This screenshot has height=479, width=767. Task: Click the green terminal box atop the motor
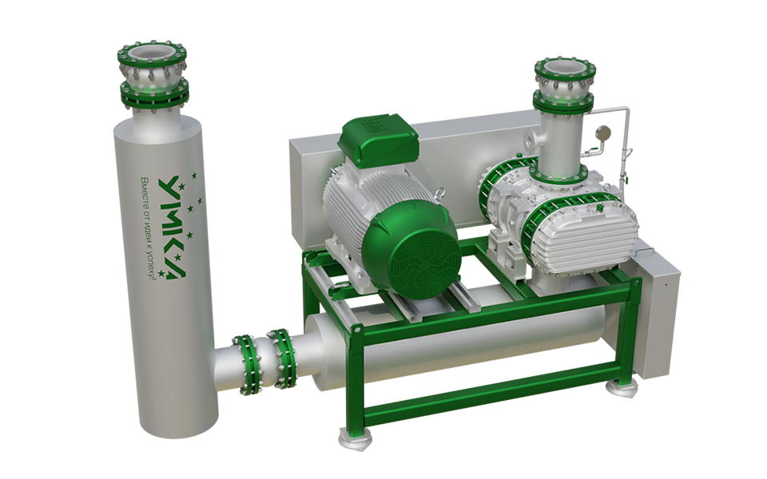pyautogui.click(x=380, y=138)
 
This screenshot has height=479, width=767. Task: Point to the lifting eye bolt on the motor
pyautogui.click(x=439, y=192)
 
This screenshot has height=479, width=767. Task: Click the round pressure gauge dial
pyautogui.click(x=602, y=132)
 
